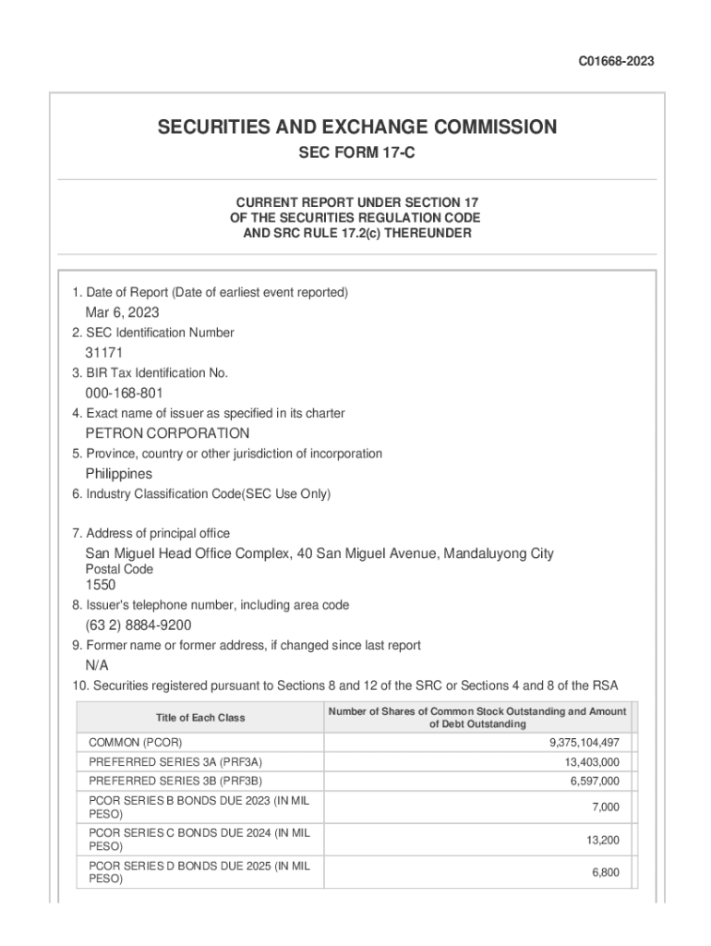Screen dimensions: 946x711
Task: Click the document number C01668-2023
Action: pyautogui.click(x=616, y=62)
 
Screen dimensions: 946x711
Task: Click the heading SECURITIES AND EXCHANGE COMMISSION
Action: pyautogui.click(x=356, y=127)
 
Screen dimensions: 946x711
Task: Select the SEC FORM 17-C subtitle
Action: pyautogui.click(x=355, y=153)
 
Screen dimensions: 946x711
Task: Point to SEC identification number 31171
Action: pyautogui.click(x=104, y=353)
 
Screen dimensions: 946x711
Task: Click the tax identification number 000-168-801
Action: pyautogui.click(x=125, y=393)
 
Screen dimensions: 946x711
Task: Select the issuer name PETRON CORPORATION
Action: pyautogui.click(x=167, y=433)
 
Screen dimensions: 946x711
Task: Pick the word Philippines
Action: pyautogui.click(x=119, y=474)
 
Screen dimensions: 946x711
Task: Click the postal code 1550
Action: pyautogui.click(x=101, y=585)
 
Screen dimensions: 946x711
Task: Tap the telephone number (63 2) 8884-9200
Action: pyautogui.click(x=139, y=625)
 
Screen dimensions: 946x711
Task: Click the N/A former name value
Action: pyautogui.click(x=97, y=665)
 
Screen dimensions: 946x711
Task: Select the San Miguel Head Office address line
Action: pyautogui.click(x=319, y=553)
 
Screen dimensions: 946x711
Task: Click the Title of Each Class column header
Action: pyautogui.click(x=200, y=718)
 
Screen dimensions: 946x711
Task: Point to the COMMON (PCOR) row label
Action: pyautogui.click(x=135, y=743)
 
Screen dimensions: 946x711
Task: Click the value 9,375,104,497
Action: pyautogui.click(x=584, y=743)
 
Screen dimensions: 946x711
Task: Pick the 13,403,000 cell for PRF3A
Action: pyautogui.click(x=592, y=762)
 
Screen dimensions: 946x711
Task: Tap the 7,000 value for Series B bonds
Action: pyautogui.click(x=605, y=807)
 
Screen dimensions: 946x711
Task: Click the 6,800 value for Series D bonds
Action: pyautogui.click(x=605, y=872)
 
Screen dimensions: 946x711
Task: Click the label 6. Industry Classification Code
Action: pyautogui.click(x=201, y=494)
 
